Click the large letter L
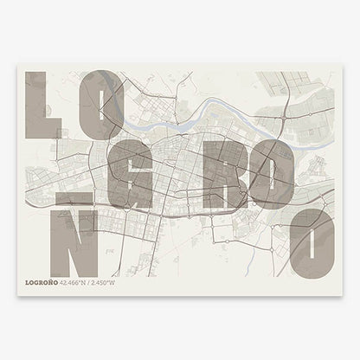click(39, 104)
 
